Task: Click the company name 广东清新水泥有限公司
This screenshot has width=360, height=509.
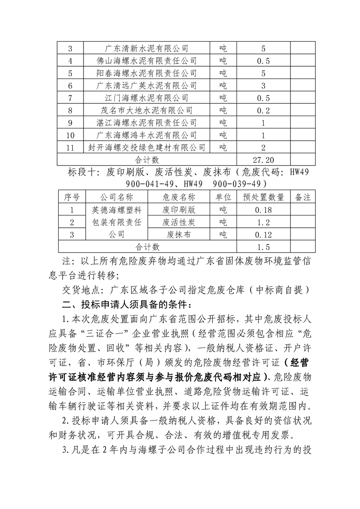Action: tap(146, 49)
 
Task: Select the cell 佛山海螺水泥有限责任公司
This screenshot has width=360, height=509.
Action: tap(146, 61)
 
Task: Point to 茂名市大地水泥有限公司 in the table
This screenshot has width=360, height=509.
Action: tap(146, 110)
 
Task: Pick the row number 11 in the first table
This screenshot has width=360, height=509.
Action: tap(70, 147)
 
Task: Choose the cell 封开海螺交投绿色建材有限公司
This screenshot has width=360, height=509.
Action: tap(146, 147)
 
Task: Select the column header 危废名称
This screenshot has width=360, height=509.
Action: tap(178, 197)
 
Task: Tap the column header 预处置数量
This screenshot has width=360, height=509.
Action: tap(263, 197)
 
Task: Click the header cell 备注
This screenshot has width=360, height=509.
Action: tap(302, 197)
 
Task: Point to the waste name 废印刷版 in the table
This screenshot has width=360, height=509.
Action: tap(178, 210)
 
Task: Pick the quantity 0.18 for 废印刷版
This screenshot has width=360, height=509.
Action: tap(263, 210)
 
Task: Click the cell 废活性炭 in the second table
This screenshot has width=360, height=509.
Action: tap(178, 222)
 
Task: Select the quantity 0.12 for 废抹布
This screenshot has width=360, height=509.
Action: tap(263, 235)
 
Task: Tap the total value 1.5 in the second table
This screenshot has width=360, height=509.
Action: tap(263, 247)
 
